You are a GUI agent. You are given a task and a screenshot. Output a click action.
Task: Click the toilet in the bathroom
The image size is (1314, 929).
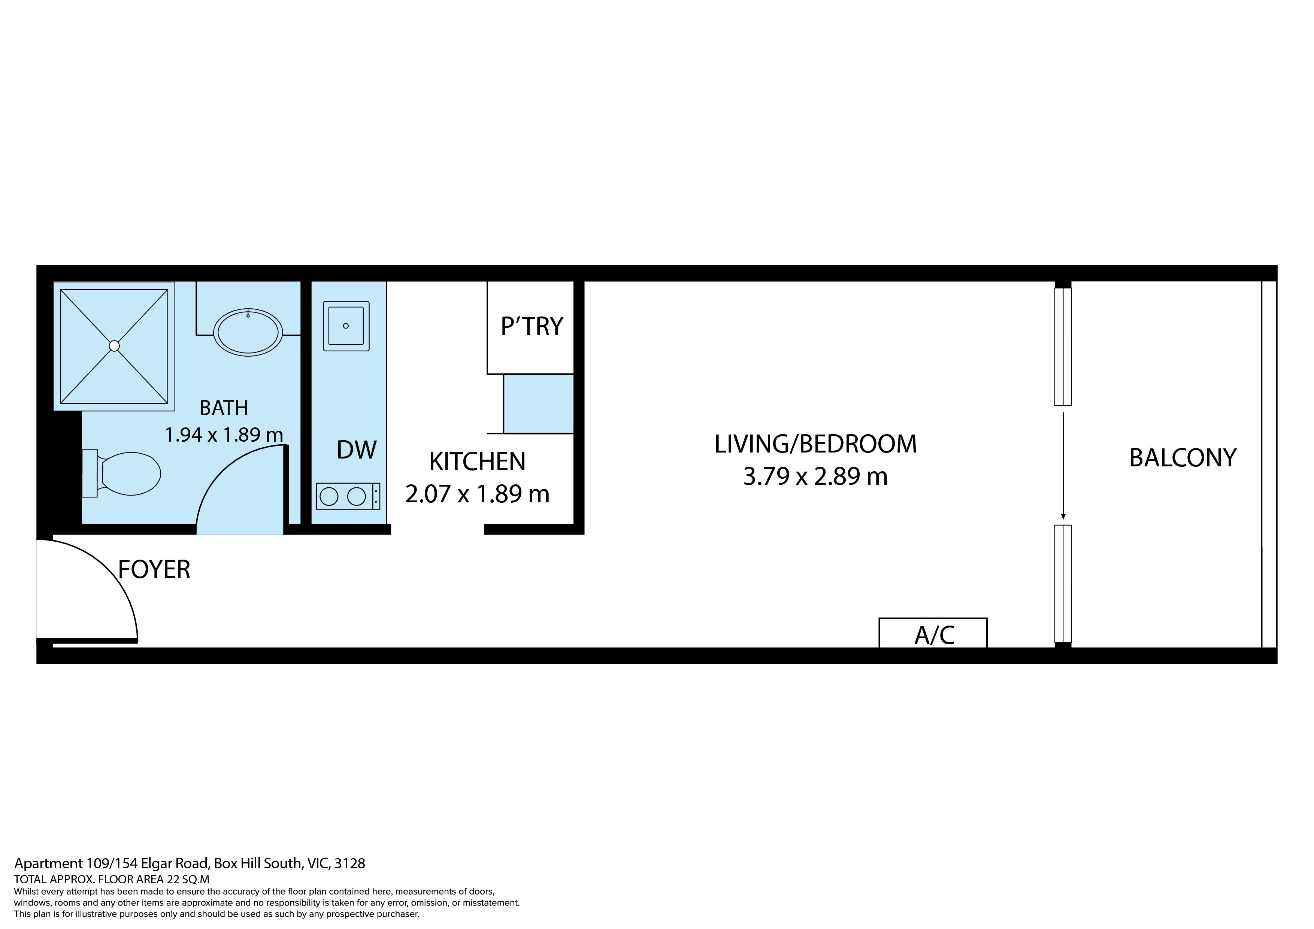click(122, 473)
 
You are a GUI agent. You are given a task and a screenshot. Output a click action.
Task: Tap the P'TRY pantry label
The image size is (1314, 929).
click(532, 326)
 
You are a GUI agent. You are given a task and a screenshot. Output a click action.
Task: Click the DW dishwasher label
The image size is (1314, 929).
click(357, 450)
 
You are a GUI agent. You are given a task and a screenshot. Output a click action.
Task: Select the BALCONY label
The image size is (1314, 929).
click(1183, 458)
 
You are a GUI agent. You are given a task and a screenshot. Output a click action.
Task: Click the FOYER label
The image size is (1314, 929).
click(154, 569)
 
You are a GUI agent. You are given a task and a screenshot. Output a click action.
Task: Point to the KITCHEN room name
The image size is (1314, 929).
click(477, 462)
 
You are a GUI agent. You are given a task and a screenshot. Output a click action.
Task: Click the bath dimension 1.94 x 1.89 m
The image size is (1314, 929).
click(224, 435)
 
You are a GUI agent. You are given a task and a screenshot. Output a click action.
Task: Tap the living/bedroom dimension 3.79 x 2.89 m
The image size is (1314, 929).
click(815, 476)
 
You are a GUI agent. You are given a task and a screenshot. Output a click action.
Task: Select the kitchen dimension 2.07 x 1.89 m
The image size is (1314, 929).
click(477, 494)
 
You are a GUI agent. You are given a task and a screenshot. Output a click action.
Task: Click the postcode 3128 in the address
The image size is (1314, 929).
click(350, 863)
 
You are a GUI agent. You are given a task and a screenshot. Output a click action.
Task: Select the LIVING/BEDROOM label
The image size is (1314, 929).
click(815, 444)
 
